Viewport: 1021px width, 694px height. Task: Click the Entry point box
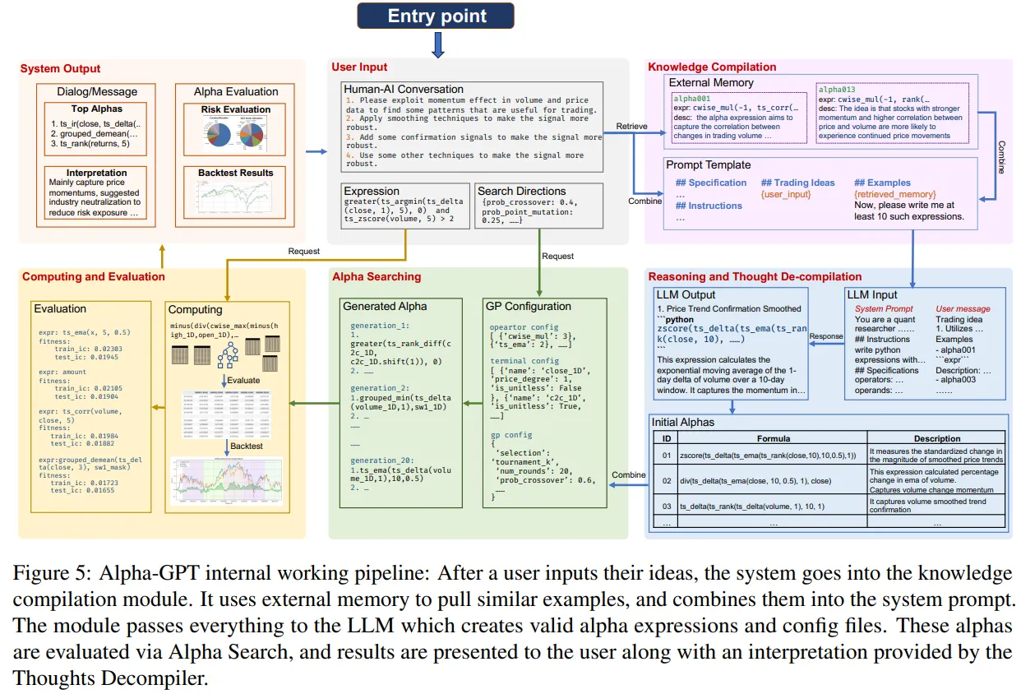pyautogui.click(x=437, y=16)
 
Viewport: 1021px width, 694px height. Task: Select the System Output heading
pyautogui.click(x=60, y=69)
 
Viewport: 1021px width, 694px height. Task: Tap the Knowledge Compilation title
pyautogui.click(x=712, y=67)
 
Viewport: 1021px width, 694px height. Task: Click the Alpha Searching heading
pyautogui.click(x=376, y=277)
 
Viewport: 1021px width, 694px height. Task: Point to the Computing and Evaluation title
pyautogui.click(x=94, y=276)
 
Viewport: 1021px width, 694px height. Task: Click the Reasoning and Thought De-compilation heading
pyautogui.click(x=755, y=276)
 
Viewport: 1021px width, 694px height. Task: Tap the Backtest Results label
pyautogui.click(x=236, y=173)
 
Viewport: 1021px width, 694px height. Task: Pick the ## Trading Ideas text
pyautogui.click(x=797, y=183)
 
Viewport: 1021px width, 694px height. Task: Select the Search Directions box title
pyautogui.click(x=521, y=191)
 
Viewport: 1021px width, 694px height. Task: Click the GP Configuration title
pyautogui.click(x=528, y=306)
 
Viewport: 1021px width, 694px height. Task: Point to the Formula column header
pyautogui.click(x=774, y=438)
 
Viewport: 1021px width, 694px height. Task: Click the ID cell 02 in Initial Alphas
pyautogui.click(x=667, y=479)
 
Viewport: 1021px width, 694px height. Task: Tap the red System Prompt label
pyautogui.click(x=884, y=309)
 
